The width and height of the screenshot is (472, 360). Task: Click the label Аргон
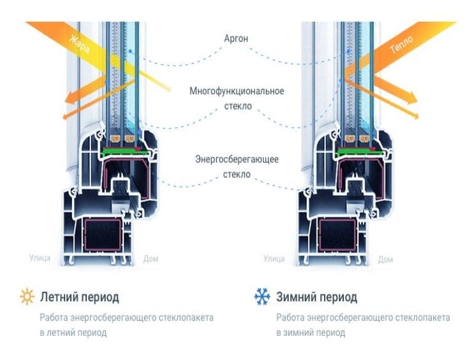pyautogui.click(x=237, y=39)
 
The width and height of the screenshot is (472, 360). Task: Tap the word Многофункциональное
pyautogui.click(x=237, y=91)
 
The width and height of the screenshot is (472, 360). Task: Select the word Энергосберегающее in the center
pyautogui.click(x=237, y=159)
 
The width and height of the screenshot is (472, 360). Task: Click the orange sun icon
pyautogui.click(x=27, y=296)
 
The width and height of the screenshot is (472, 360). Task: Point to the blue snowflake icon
pyautogui.click(x=262, y=296)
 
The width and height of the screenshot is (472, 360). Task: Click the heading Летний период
pyautogui.click(x=80, y=297)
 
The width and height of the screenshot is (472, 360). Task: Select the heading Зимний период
pyautogui.click(x=316, y=297)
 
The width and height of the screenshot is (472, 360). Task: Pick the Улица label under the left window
pyautogui.click(x=40, y=258)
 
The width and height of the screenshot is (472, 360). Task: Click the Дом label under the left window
pyautogui.click(x=151, y=259)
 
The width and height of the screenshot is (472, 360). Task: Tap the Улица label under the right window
pyautogui.click(x=274, y=258)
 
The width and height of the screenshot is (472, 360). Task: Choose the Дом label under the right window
pyautogui.click(x=385, y=259)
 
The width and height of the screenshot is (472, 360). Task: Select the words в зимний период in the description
pyautogui.click(x=311, y=333)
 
